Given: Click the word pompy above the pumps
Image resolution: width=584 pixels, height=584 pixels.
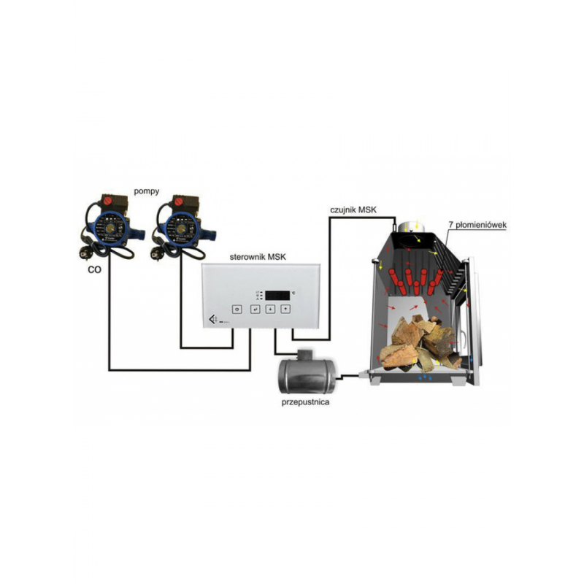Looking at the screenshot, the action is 147,191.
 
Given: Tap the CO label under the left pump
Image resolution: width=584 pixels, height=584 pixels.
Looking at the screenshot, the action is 95,269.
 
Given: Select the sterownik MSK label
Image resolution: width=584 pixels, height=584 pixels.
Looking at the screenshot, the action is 258,257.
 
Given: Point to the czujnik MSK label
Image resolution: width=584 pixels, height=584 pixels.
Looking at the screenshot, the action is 353,210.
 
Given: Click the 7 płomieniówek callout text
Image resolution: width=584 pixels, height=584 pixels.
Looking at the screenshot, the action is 478,226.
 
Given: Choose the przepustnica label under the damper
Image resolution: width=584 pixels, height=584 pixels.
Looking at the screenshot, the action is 305,402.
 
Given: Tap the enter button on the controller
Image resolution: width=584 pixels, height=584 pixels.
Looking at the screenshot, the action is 255,309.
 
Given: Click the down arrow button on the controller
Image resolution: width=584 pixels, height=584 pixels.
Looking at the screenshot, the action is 270,309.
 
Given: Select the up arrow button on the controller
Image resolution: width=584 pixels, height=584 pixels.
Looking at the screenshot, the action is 285,308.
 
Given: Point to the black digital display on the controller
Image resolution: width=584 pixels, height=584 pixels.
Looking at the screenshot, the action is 277,296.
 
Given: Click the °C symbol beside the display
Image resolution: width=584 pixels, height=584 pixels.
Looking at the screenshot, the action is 293,293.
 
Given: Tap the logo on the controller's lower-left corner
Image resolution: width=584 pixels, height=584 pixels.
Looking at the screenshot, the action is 213,319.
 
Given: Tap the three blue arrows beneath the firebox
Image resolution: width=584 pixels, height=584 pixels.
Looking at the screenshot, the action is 425,377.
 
